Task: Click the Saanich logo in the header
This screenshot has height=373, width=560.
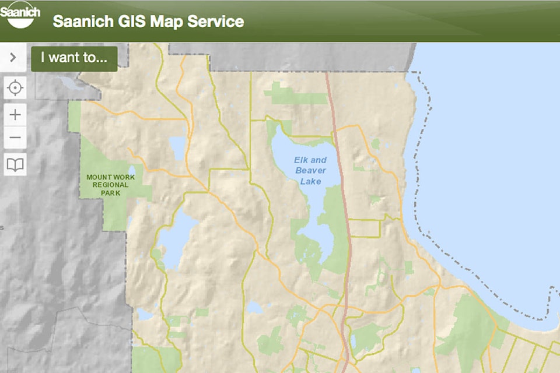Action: point(20,16)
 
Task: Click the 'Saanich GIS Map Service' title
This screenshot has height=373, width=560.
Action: point(148,22)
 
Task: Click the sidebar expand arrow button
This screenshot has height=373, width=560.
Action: point(13,58)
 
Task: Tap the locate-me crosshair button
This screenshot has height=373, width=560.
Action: point(15,89)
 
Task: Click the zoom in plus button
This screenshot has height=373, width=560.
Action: point(15,115)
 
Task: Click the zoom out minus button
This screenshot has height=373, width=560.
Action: point(15,139)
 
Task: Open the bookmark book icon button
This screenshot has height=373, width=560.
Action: point(15,165)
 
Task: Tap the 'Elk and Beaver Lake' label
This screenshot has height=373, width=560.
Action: point(310,170)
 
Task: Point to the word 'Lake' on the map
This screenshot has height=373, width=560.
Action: point(311,181)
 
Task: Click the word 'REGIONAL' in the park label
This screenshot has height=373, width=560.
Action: point(111,185)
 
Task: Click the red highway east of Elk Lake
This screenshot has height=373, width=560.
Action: point(343,192)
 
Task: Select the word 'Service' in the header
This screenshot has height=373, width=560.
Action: point(215,22)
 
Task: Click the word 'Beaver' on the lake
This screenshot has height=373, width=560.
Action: point(311,170)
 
